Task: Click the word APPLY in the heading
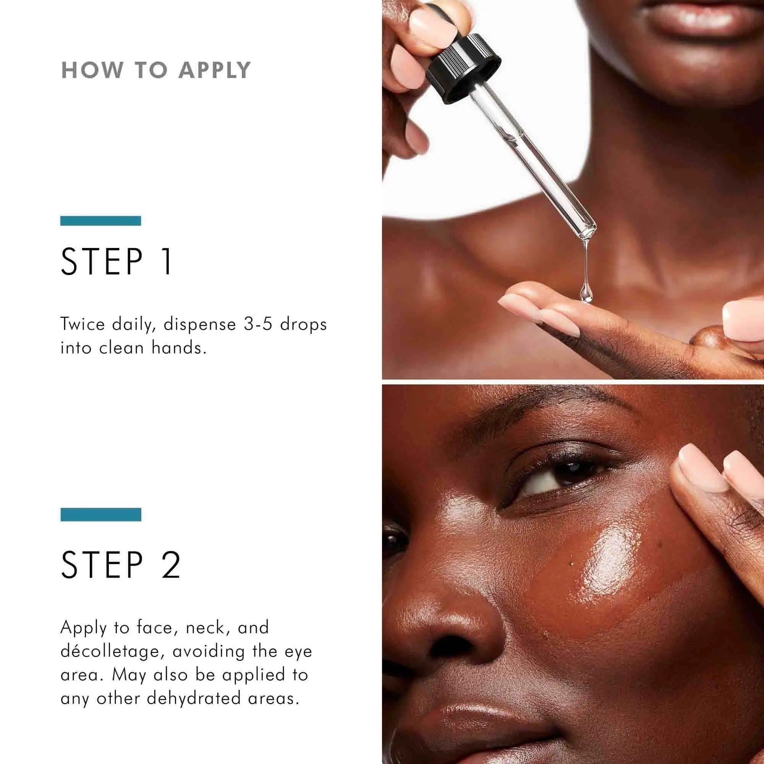click(x=214, y=70)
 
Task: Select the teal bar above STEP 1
click(x=100, y=221)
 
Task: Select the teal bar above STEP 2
click(x=101, y=515)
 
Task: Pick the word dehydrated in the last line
click(x=194, y=698)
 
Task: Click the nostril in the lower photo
click(x=447, y=647)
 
